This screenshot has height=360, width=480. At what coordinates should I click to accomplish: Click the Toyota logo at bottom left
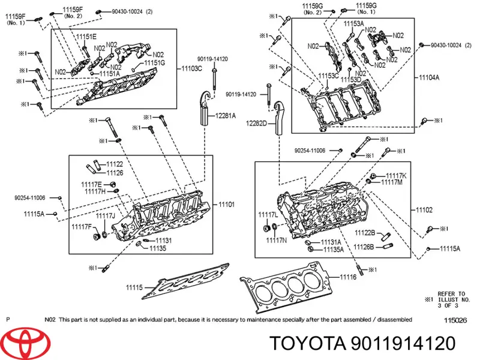(26, 343)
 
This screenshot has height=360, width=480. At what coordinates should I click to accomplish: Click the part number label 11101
(226, 205)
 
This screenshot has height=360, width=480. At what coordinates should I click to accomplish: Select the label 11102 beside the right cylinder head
(424, 209)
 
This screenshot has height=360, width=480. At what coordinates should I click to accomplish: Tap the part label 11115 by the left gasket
(134, 289)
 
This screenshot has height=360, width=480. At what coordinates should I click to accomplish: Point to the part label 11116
(349, 277)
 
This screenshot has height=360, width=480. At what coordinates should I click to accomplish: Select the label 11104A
(430, 77)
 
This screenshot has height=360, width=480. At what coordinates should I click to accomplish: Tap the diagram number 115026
(454, 320)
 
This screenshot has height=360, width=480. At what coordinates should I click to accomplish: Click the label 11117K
(396, 175)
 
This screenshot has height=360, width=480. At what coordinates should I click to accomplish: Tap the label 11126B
(363, 247)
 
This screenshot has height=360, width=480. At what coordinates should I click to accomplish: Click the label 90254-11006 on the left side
(30, 197)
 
